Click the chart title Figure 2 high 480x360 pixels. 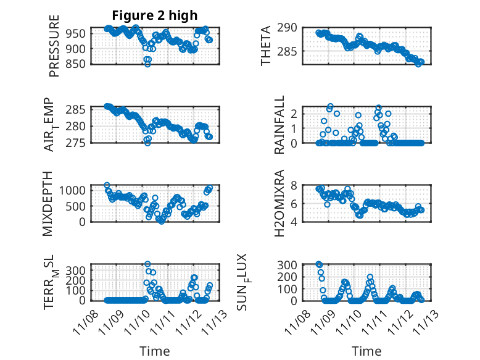pos(155,16)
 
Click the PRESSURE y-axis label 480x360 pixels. pos(54,50)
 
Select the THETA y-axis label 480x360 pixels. pos(266,46)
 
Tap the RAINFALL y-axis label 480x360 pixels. pos(279,125)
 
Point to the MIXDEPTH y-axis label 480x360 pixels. pos(49,203)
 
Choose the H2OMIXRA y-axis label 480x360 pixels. pos(279,203)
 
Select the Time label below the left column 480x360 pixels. pos(155,351)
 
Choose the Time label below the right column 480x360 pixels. pos(367,351)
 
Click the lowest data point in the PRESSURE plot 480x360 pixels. pos(147,64)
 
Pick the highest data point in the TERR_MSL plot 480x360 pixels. pos(147,264)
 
